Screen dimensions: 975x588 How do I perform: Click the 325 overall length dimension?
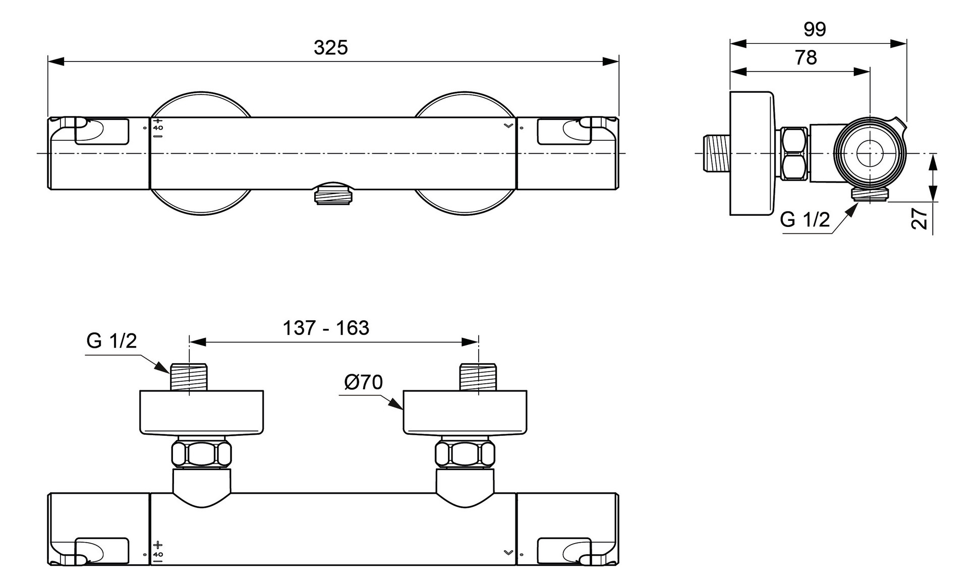330,47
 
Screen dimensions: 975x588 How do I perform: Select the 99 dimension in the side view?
815,29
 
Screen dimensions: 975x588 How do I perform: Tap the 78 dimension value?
806,57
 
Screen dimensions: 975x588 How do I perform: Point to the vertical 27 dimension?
920,218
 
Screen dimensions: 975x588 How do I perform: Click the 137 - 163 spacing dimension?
326,328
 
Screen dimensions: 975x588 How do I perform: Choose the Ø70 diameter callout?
363,382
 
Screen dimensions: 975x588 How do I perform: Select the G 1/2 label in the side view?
805,219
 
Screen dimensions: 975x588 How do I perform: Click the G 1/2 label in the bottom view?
111,341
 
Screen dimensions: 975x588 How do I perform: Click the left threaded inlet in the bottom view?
189,377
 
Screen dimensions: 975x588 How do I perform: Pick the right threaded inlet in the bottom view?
478,377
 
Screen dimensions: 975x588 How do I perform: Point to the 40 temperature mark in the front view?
158,128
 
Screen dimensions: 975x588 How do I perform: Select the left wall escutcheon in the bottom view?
202,413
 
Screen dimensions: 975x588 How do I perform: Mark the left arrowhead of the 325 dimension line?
56,62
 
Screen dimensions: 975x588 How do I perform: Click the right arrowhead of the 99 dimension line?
898,44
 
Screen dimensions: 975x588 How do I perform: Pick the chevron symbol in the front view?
508,125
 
